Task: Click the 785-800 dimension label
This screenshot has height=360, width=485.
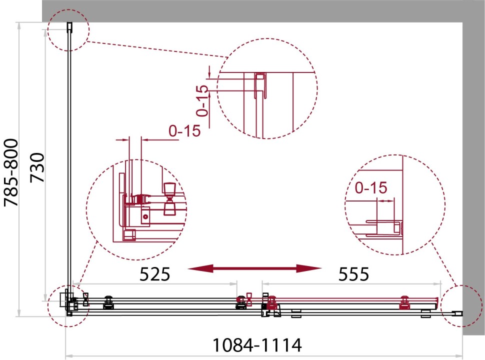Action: tap(11, 173)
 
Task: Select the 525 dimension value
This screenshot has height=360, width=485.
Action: tap(155, 274)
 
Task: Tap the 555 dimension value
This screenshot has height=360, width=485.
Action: tap(354, 274)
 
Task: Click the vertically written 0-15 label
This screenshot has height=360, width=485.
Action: tap(202, 101)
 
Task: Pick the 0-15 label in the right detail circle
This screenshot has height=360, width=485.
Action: tap(371, 187)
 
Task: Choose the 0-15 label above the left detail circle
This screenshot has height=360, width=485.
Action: tap(184, 131)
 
